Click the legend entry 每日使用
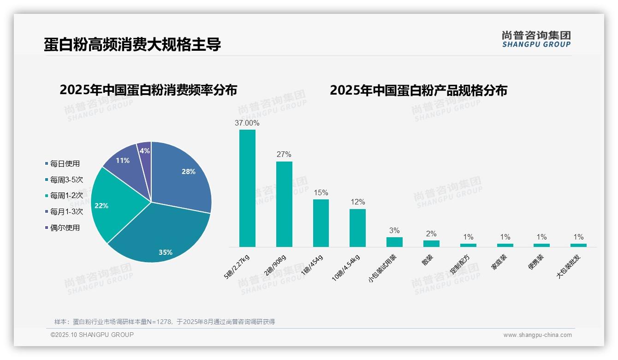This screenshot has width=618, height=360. point(65,163)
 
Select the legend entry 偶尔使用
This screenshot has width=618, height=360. point(65,228)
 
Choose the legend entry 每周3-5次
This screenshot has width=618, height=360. point(66,180)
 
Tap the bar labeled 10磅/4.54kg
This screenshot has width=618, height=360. point(357,228)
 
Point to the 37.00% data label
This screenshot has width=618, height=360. point(247,123)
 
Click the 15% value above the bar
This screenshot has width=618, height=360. point(321,192)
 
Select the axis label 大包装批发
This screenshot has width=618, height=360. point(569,266)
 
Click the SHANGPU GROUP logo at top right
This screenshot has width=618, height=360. point(536,39)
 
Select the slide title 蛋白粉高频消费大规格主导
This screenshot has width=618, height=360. point(132,45)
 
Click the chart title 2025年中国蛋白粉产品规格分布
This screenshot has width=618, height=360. point(418,90)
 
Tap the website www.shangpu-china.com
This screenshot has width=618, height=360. point(537,335)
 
